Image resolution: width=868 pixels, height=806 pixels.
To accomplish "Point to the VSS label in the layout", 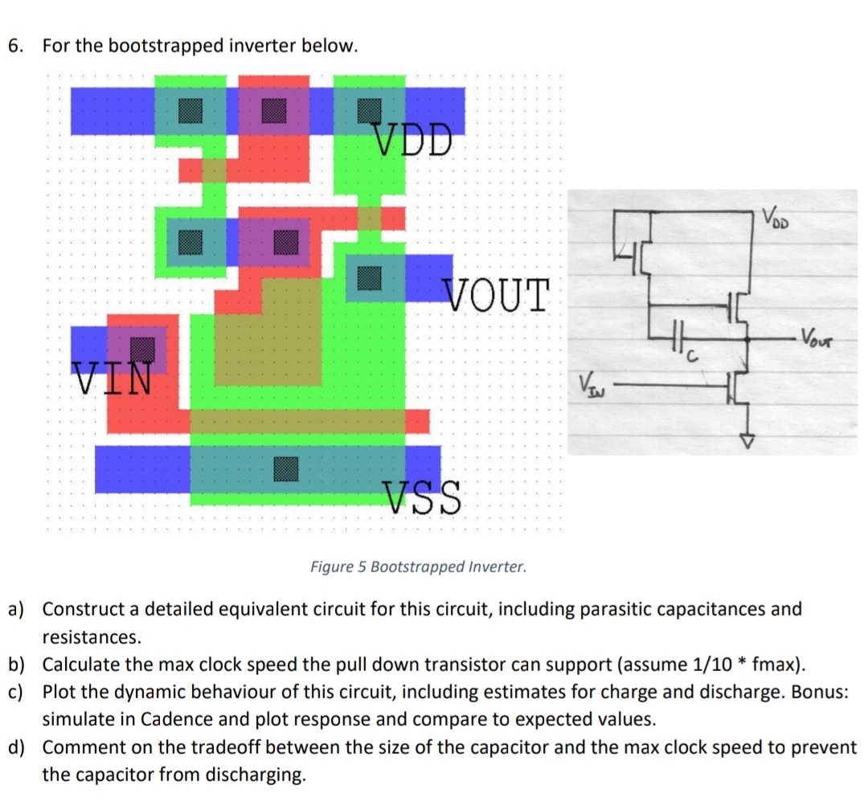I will click(424, 497).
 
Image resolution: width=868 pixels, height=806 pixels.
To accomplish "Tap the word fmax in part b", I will click(772, 665).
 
